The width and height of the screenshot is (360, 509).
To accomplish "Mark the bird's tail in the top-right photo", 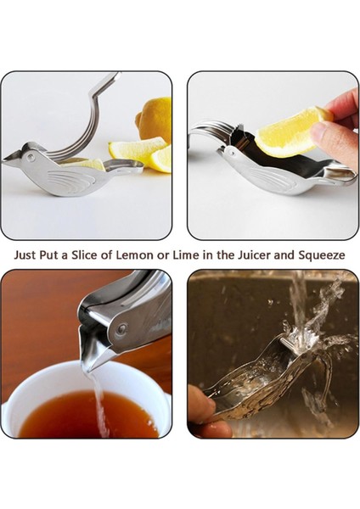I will pos(340,174).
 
